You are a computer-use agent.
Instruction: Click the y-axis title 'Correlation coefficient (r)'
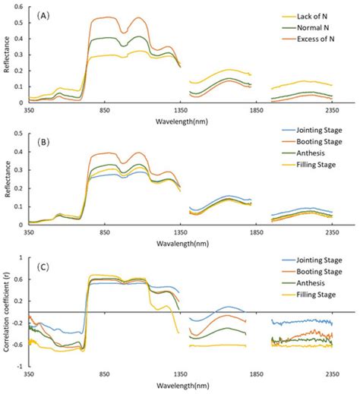tap(6, 310)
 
